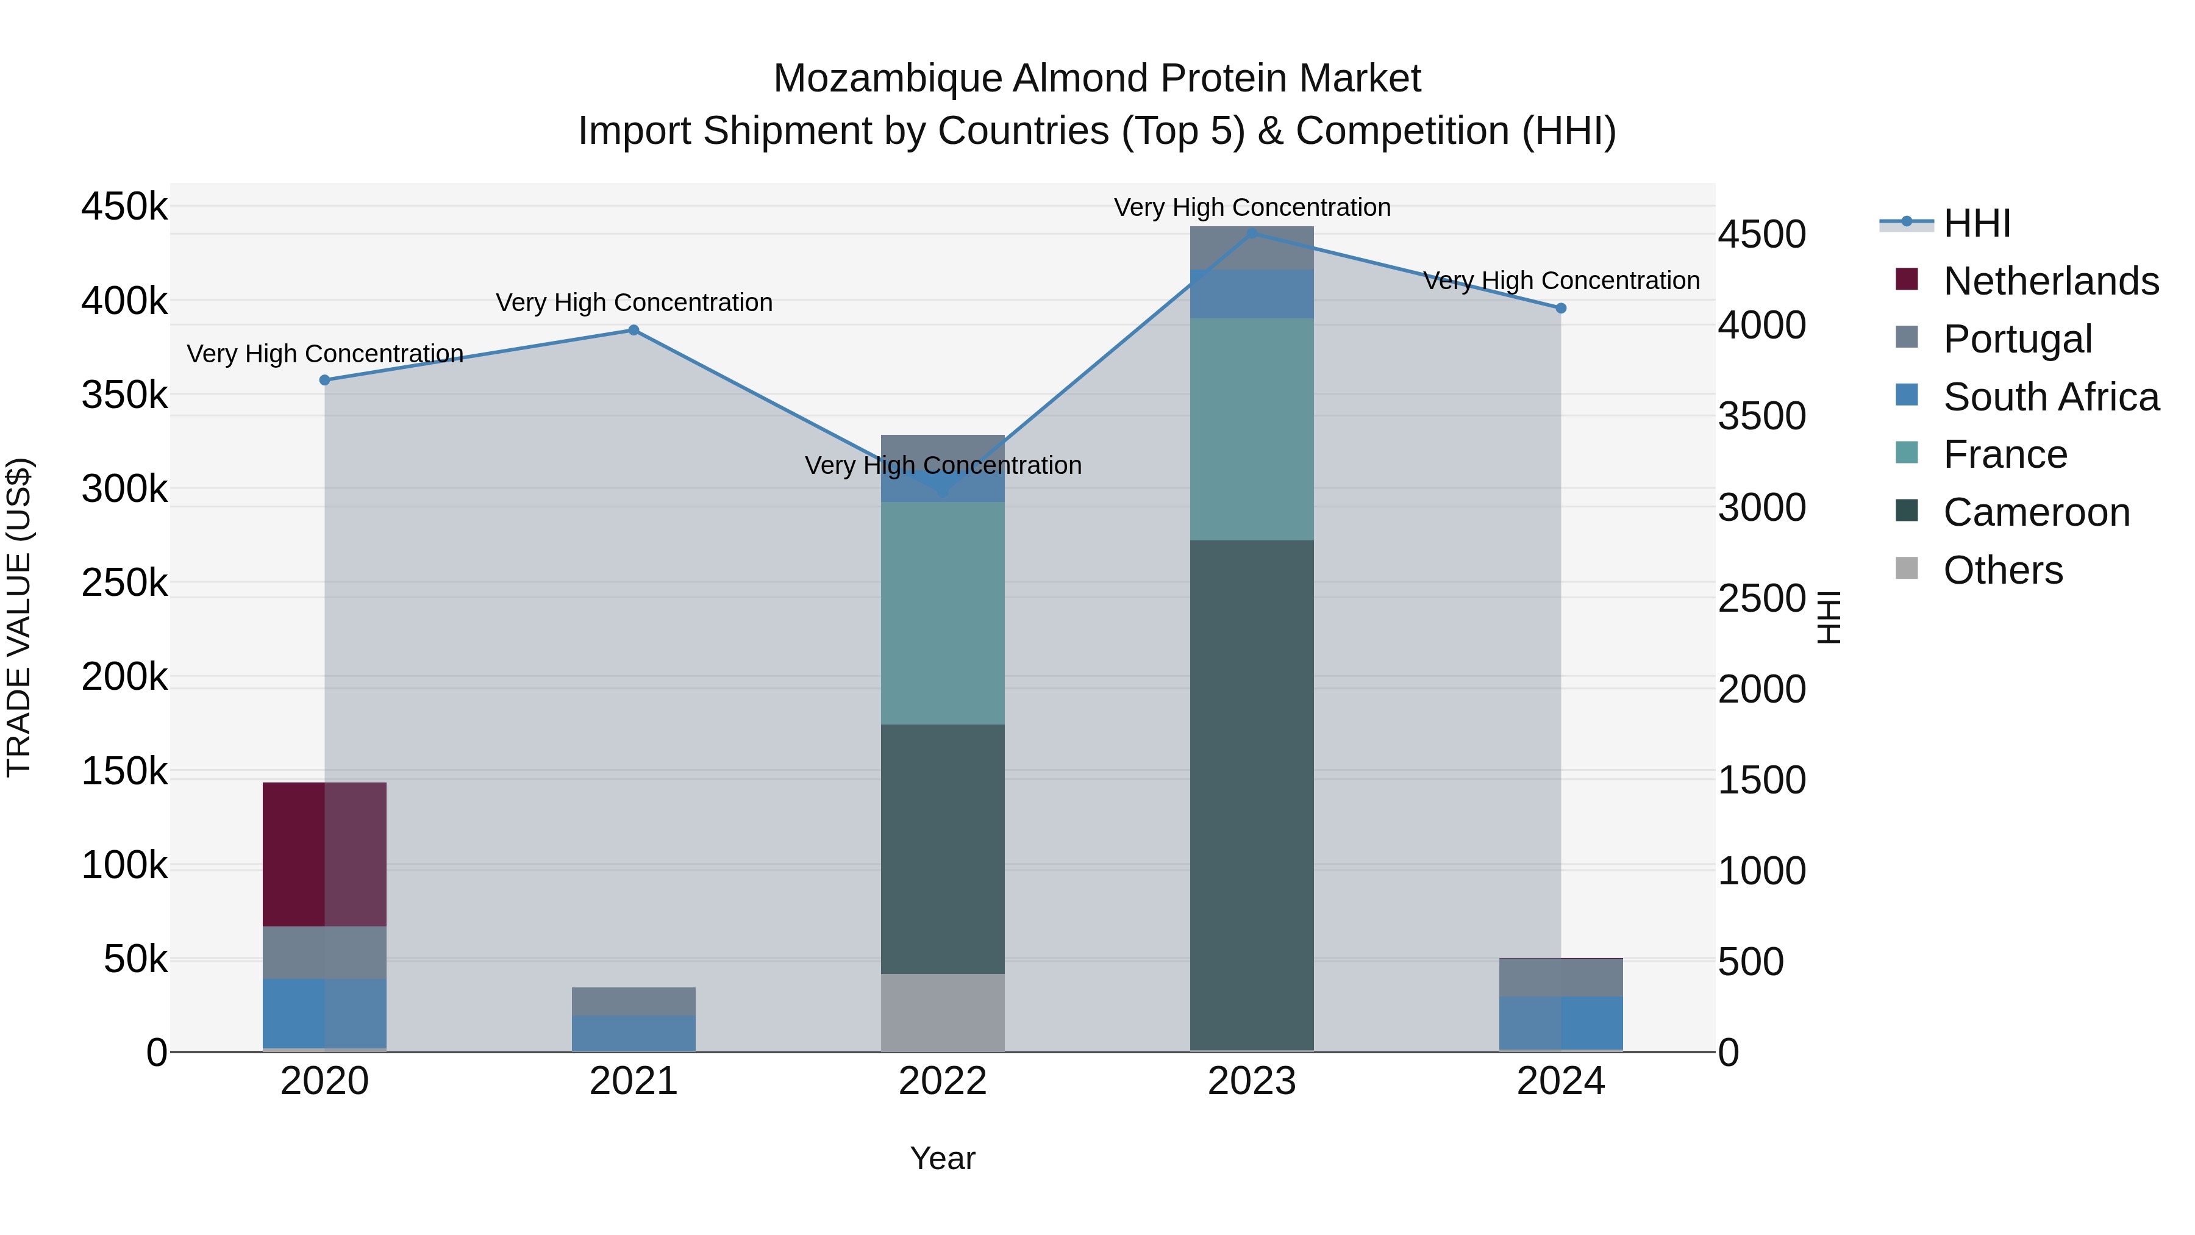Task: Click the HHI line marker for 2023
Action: [1252, 234]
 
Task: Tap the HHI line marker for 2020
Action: [324, 380]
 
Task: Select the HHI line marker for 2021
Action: [634, 331]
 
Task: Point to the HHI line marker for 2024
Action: [1561, 309]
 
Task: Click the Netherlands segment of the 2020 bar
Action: [324, 854]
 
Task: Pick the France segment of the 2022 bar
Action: [943, 614]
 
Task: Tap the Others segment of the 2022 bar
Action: [943, 1012]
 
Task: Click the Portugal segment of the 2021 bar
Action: [634, 1001]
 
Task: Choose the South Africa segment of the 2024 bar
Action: [1561, 1023]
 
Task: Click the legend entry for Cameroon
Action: [2036, 512]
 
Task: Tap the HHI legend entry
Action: [1977, 223]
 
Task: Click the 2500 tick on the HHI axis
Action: [1761, 598]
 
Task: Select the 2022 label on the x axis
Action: [943, 1081]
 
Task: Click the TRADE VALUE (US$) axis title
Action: [19, 617]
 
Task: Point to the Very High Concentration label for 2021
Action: [634, 302]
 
